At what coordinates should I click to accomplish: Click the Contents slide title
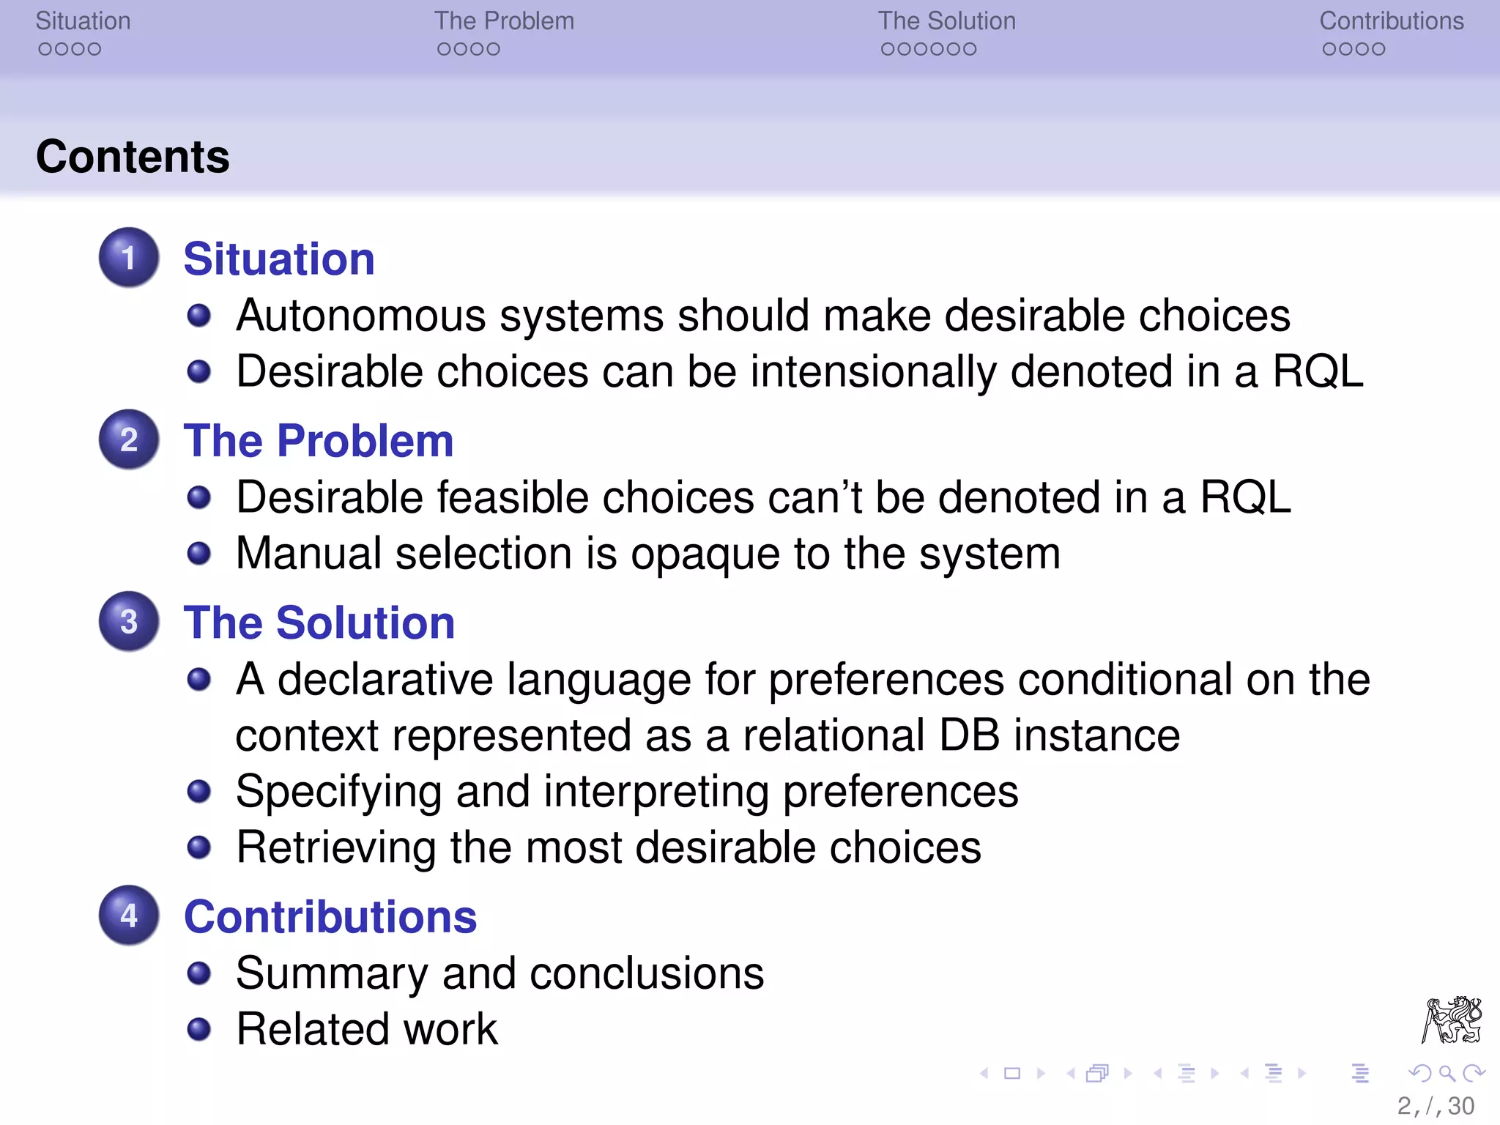click(133, 157)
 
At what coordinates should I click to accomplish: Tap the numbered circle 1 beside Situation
click(129, 258)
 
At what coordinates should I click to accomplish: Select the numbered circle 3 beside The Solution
click(129, 622)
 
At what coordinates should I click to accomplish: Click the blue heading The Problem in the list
click(319, 441)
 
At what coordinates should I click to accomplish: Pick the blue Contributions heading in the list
click(330, 916)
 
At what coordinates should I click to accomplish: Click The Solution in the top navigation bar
click(946, 21)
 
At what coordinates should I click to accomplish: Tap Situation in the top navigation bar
click(83, 21)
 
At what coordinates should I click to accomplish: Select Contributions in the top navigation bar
click(1391, 21)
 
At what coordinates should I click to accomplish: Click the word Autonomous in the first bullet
click(361, 316)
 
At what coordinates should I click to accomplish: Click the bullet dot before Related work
click(198, 1029)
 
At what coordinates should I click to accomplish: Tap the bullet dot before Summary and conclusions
click(198, 973)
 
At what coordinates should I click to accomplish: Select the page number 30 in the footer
click(1460, 1106)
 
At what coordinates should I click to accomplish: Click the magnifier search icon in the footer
click(1446, 1074)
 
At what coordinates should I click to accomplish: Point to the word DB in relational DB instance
click(969, 735)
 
